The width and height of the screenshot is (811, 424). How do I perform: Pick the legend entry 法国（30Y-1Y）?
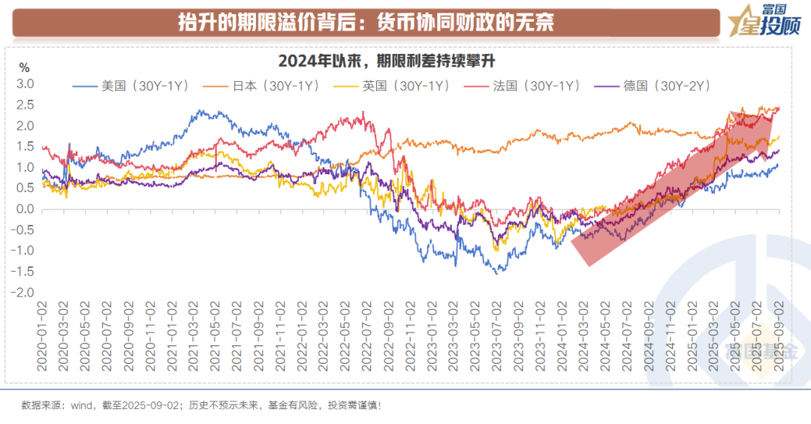click(528, 86)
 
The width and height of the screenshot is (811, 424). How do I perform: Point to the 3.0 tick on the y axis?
click(26, 84)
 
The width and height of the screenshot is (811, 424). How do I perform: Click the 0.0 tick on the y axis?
click(26, 209)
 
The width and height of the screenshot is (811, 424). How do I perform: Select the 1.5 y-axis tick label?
click(26, 147)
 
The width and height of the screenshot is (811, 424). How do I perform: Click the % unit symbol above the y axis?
click(24, 68)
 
